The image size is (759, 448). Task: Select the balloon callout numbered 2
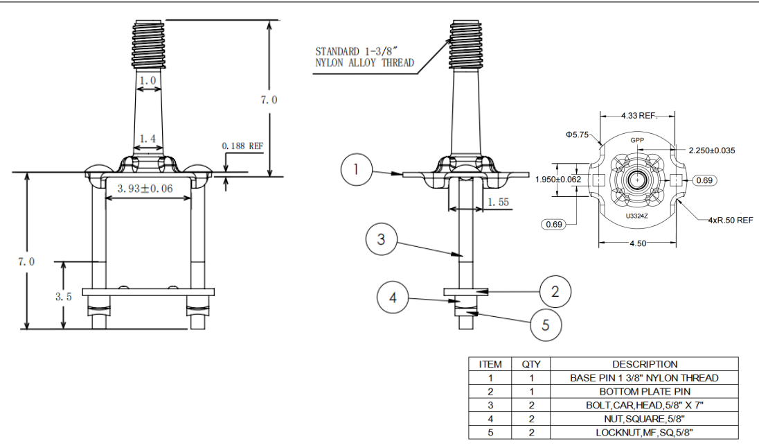555,291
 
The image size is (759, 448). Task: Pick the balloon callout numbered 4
393,298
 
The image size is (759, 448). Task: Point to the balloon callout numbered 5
546,325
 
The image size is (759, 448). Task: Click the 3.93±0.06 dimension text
145,189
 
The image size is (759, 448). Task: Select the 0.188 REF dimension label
242,146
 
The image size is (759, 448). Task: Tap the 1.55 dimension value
499,202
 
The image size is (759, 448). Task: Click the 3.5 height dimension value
64,296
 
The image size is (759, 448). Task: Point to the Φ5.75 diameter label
576,135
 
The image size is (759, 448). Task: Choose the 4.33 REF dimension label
638,115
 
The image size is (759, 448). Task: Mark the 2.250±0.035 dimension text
712,150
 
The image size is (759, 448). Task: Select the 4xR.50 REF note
730,220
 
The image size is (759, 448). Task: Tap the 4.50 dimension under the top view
637,243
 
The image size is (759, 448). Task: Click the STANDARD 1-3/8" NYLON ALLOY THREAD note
364,57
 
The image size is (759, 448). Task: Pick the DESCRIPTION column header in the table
644,364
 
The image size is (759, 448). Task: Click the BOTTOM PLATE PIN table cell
644,392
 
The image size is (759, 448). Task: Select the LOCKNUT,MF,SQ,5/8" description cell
644,433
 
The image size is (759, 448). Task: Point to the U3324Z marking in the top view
636,216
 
